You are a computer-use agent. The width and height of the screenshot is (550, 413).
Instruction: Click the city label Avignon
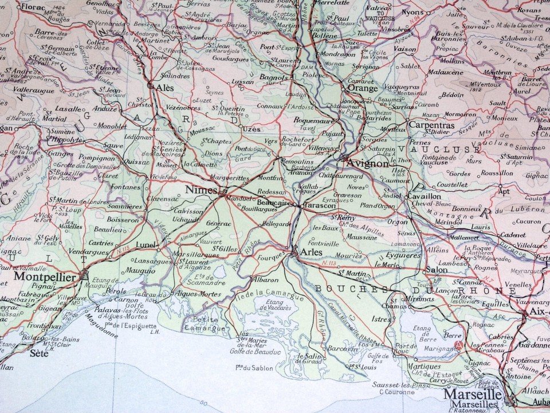point(368,163)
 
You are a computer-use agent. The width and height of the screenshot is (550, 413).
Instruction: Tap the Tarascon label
point(319,205)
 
